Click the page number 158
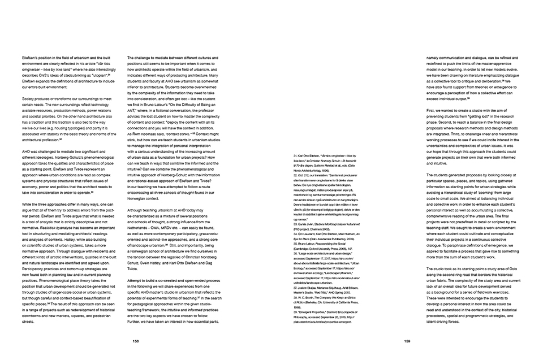pyautogui.click(x=136, y=341)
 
